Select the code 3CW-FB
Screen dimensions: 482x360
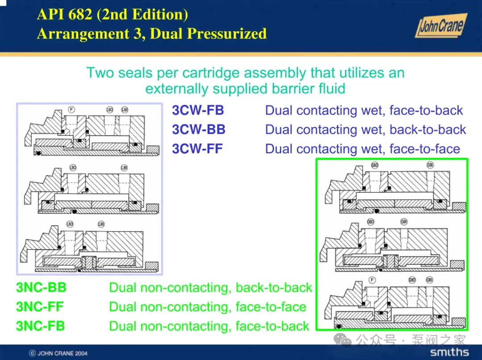click(198, 110)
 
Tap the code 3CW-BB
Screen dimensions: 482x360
click(199, 129)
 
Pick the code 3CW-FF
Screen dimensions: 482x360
click(197, 149)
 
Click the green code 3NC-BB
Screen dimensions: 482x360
click(41, 288)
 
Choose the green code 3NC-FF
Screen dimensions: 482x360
click(40, 307)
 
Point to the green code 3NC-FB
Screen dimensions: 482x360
click(40, 326)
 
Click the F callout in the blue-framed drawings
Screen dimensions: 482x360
click(71, 109)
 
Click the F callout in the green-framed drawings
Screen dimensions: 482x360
click(372, 280)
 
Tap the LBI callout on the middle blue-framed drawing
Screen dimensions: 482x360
click(124, 168)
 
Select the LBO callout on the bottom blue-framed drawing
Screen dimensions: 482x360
click(70, 224)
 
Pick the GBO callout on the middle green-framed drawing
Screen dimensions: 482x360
click(371, 222)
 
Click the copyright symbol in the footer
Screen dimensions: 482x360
click(32, 353)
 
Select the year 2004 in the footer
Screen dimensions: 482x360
click(80, 353)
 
